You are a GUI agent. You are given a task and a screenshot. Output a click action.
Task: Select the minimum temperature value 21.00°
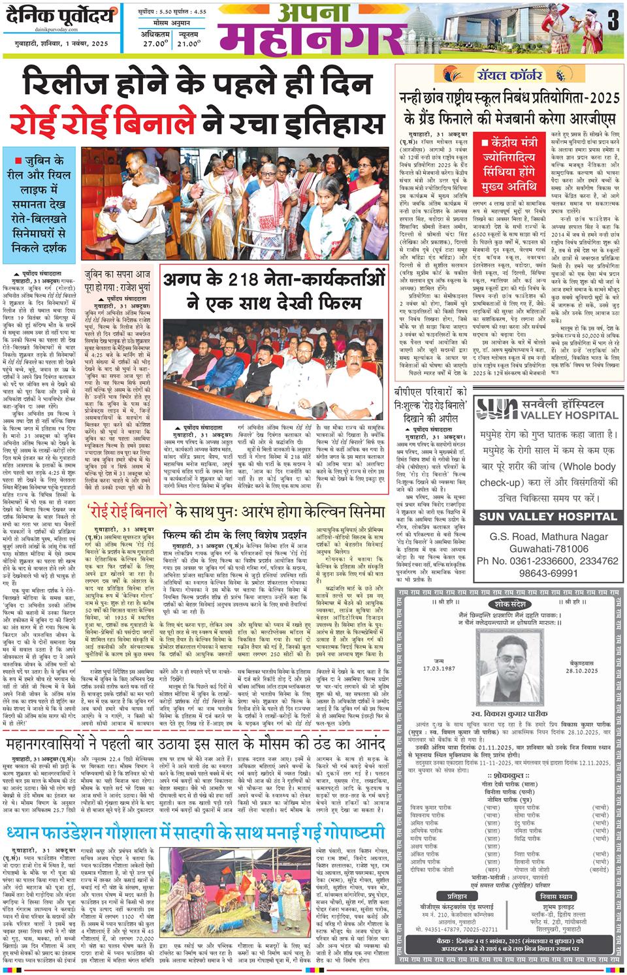[x=187, y=44]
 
